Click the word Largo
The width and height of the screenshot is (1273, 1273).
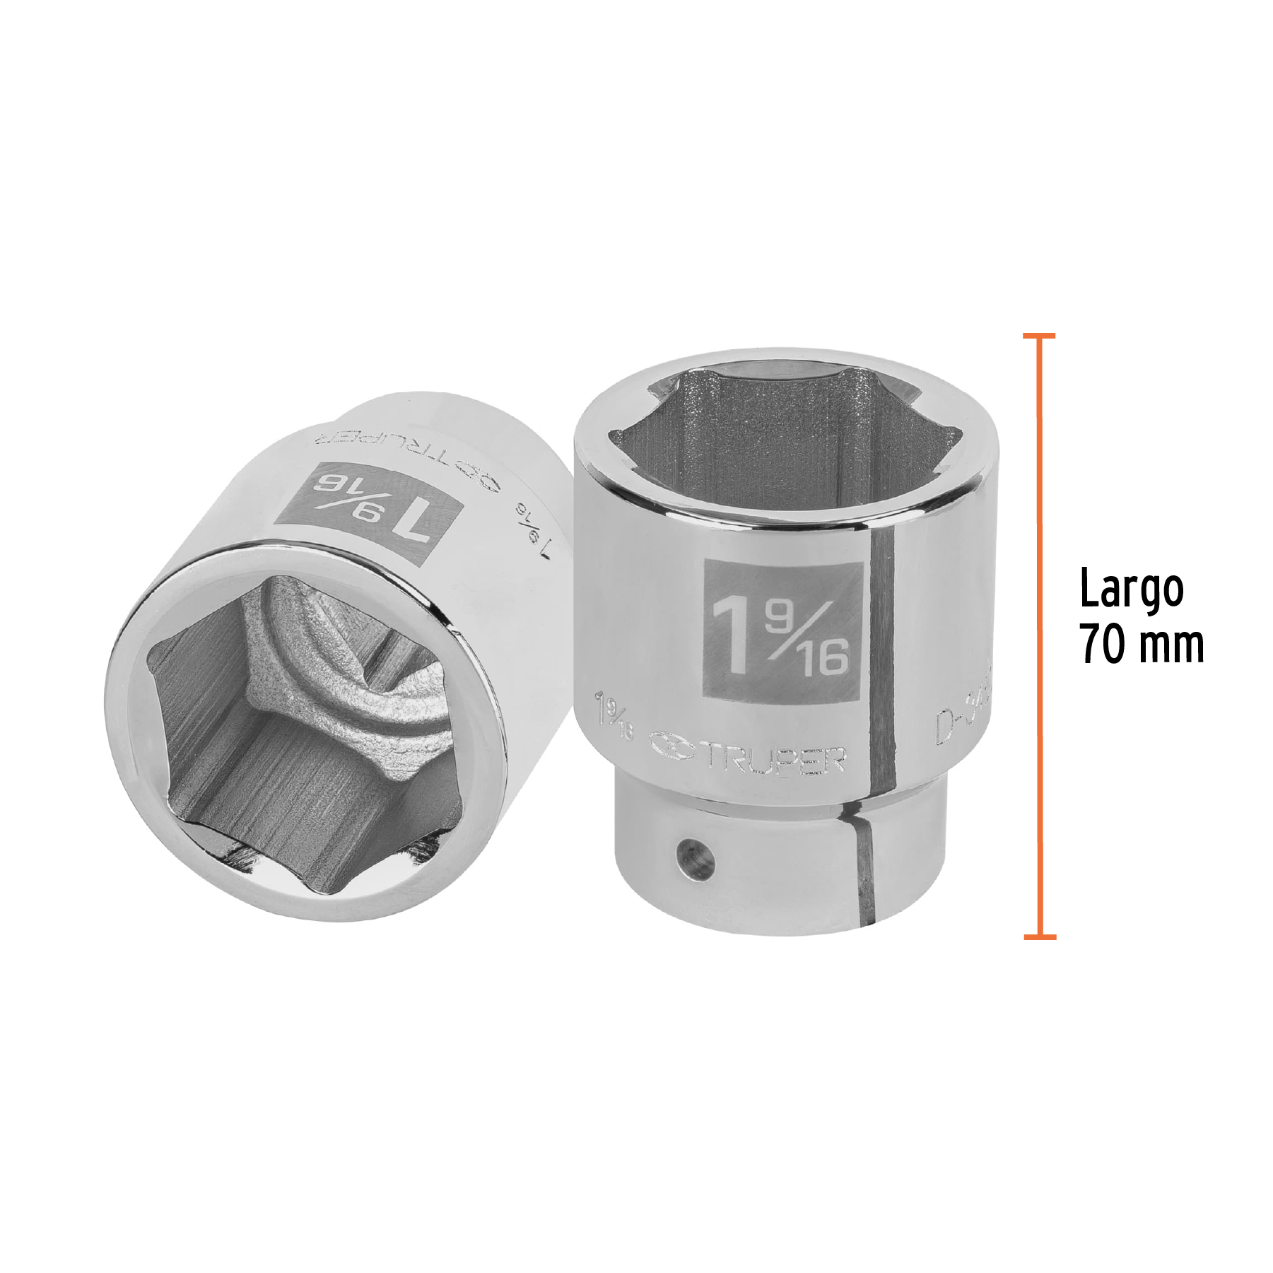point(1131,590)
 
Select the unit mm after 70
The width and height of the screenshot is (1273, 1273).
point(1168,645)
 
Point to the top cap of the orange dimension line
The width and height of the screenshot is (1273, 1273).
point(1039,336)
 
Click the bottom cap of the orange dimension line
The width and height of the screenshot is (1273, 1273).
point(1040,937)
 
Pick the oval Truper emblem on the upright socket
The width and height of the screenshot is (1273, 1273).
point(672,746)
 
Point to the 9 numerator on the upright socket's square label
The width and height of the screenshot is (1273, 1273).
point(780,618)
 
